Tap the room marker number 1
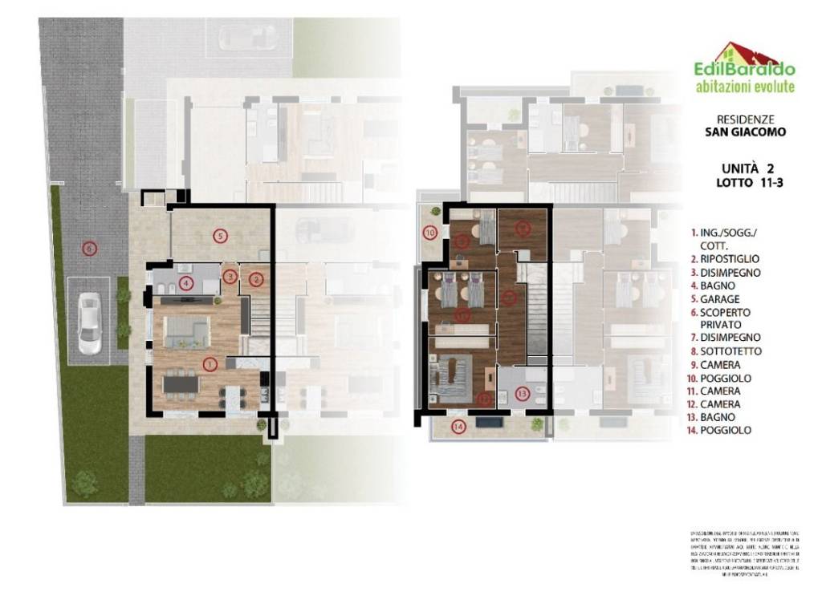pyautogui.click(x=210, y=365)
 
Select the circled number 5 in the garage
pyautogui.click(x=218, y=235)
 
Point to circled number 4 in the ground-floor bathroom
pyautogui.click(x=186, y=282)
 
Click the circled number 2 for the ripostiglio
pyautogui.click(x=256, y=279)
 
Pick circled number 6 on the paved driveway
pyautogui.click(x=88, y=248)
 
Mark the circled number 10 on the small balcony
pyautogui.click(x=430, y=233)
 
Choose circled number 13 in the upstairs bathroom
pyautogui.click(x=523, y=394)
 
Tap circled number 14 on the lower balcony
pyautogui.click(x=458, y=426)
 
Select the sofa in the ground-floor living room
pyautogui.click(x=187, y=330)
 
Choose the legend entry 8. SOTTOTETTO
pyautogui.click(x=725, y=351)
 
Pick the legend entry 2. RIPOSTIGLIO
pyautogui.click(x=725, y=259)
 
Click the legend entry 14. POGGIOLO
pyautogui.click(x=720, y=431)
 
